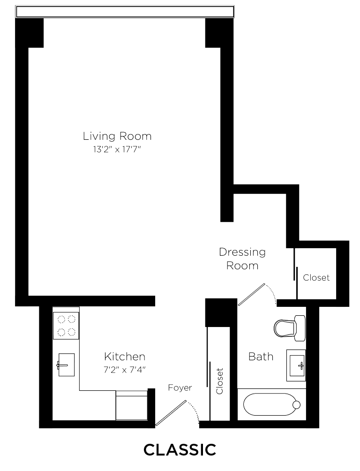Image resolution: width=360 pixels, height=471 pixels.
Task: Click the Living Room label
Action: (117, 137)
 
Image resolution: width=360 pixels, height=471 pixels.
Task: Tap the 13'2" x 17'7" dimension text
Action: (117, 150)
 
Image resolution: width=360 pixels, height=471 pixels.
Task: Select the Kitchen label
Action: (124, 357)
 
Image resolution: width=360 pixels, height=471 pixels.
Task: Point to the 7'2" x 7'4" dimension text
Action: (124, 370)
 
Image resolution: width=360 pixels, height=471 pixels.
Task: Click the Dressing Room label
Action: (242, 258)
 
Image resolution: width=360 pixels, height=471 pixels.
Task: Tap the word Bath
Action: (261, 357)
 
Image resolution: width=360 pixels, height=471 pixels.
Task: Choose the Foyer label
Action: (180, 388)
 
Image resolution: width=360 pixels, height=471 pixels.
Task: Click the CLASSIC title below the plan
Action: (180, 450)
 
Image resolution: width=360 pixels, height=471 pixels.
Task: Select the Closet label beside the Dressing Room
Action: (316, 278)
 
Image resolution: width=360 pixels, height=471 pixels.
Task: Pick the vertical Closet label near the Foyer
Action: (219, 380)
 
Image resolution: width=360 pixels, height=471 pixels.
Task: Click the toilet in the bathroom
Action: (289, 327)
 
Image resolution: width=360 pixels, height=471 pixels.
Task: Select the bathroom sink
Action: (297, 365)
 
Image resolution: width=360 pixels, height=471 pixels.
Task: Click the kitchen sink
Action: (66, 365)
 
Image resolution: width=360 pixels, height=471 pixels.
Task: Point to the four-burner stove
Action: (66, 326)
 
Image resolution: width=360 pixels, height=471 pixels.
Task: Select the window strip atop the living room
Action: (125, 12)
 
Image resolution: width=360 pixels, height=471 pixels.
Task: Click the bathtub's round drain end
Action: (296, 404)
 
